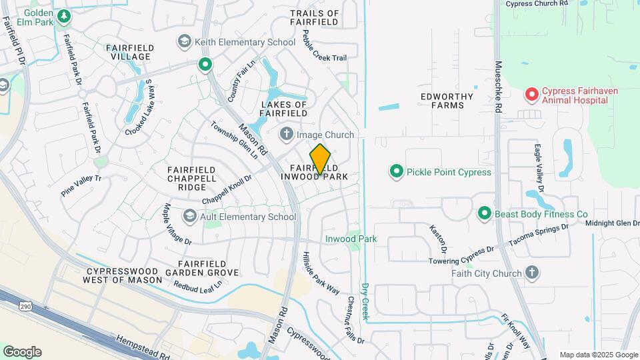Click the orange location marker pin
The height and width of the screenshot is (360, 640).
click(321, 159)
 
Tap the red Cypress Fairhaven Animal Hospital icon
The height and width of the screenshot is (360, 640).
click(531, 95)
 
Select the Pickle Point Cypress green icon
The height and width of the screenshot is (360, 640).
click(397, 172)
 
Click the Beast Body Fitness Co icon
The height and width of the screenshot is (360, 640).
click(485, 214)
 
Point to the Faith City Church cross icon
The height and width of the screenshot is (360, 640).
click(531, 272)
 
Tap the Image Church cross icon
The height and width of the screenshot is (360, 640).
click(287, 135)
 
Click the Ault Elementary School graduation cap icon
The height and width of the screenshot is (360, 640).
click(190, 217)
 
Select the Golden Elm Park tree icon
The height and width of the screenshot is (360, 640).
click(63, 15)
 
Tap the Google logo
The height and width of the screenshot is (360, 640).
click(22, 352)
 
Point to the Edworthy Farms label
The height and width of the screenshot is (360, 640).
click(447, 101)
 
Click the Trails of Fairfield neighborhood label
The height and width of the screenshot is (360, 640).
click(315, 18)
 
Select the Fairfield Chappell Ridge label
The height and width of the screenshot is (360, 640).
click(191, 179)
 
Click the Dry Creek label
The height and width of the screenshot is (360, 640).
click(365, 301)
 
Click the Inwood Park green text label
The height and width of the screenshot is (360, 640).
click(351, 239)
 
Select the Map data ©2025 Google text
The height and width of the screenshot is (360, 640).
click(599, 355)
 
